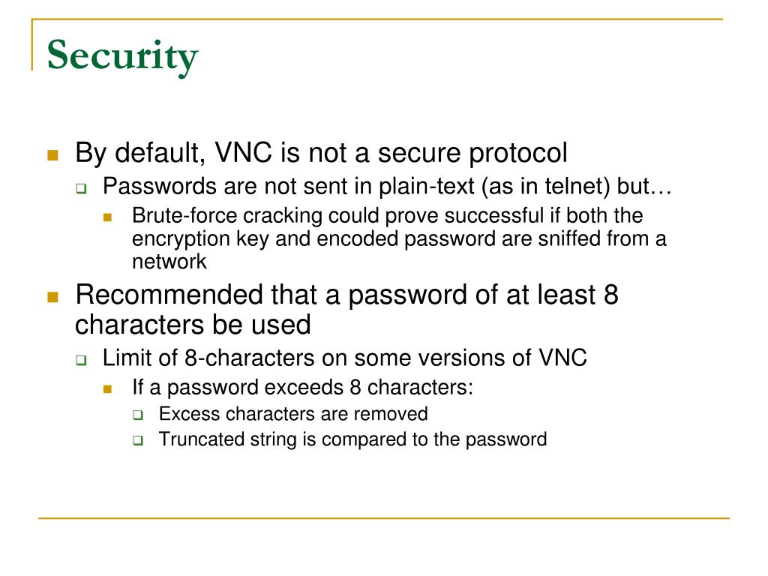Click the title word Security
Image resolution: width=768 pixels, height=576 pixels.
click(x=122, y=57)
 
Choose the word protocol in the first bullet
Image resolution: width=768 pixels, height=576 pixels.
click(x=518, y=154)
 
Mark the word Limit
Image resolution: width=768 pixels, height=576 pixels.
click(x=123, y=358)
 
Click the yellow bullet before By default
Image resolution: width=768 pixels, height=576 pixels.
click(x=52, y=155)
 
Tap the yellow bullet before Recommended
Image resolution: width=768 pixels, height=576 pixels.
click(x=52, y=297)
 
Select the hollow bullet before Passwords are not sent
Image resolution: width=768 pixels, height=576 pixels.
click(x=81, y=187)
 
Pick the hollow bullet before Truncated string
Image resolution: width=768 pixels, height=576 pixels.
click(x=138, y=441)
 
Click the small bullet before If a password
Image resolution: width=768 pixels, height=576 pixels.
click(x=108, y=389)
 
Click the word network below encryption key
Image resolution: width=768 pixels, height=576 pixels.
click(x=169, y=262)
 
